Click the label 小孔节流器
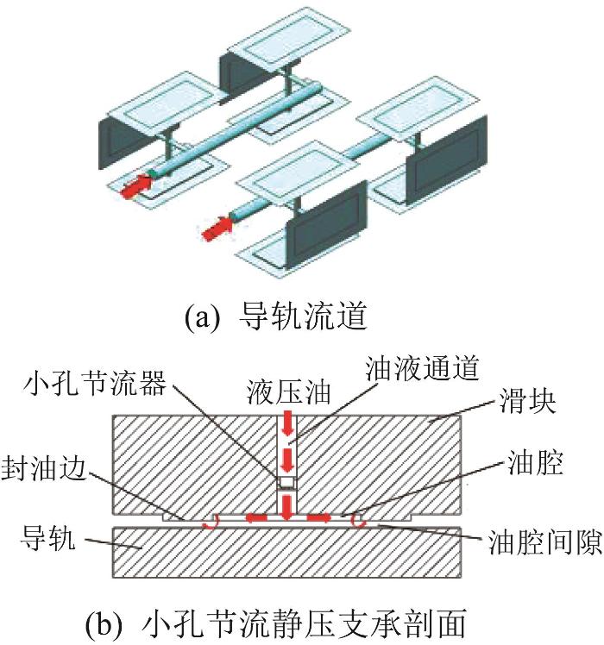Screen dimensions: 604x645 click(95, 383)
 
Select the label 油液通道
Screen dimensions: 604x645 click(423, 367)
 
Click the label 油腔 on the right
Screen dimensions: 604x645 click(535, 463)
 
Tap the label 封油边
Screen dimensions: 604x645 click(44, 468)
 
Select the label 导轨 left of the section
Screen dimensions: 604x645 click(48, 537)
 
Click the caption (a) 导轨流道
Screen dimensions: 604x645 click(275, 316)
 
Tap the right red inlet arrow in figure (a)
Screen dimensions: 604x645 click(217, 229)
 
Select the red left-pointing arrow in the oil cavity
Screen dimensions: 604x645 click(256, 517)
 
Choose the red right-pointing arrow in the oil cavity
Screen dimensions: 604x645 click(319, 517)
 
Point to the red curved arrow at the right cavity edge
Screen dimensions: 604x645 click(358, 521)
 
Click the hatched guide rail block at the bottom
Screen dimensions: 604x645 click(286, 552)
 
